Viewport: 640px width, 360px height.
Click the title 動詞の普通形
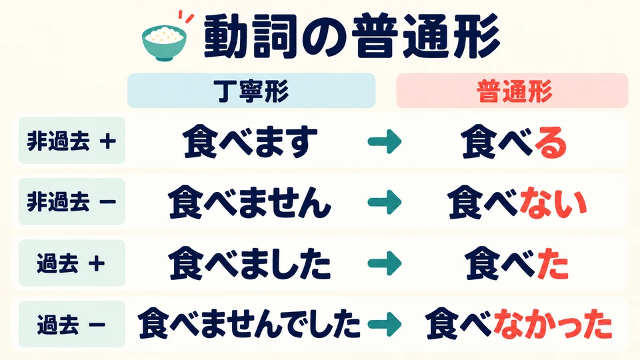pyautogui.click(x=351, y=37)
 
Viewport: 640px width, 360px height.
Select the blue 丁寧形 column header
pyautogui.click(x=251, y=91)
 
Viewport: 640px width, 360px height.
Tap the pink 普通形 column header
pyautogui.click(x=512, y=91)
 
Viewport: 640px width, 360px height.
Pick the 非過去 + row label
pyautogui.click(x=72, y=141)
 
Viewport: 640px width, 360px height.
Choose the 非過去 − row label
pyautogui.click(x=72, y=201)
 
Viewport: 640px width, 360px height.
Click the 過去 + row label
pyautogui.click(x=72, y=263)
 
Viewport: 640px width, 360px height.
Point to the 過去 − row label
pyautogui.click(x=72, y=324)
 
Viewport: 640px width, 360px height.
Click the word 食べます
pyautogui.click(x=250, y=141)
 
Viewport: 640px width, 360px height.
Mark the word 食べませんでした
pyautogui.click(x=249, y=324)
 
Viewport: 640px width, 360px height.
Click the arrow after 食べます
pyautogui.click(x=385, y=141)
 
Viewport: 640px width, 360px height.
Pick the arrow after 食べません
pyautogui.click(x=385, y=203)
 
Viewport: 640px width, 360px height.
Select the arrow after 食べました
pyautogui.click(x=385, y=263)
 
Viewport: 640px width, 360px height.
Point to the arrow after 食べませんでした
pyautogui.click(x=385, y=324)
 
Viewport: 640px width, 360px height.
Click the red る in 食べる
pyautogui.click(x=551, y=143)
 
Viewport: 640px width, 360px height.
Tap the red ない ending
pyautogui.click(x=553, y=203)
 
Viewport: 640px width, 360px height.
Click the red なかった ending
pyautogui.click(x=553, y=325)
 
